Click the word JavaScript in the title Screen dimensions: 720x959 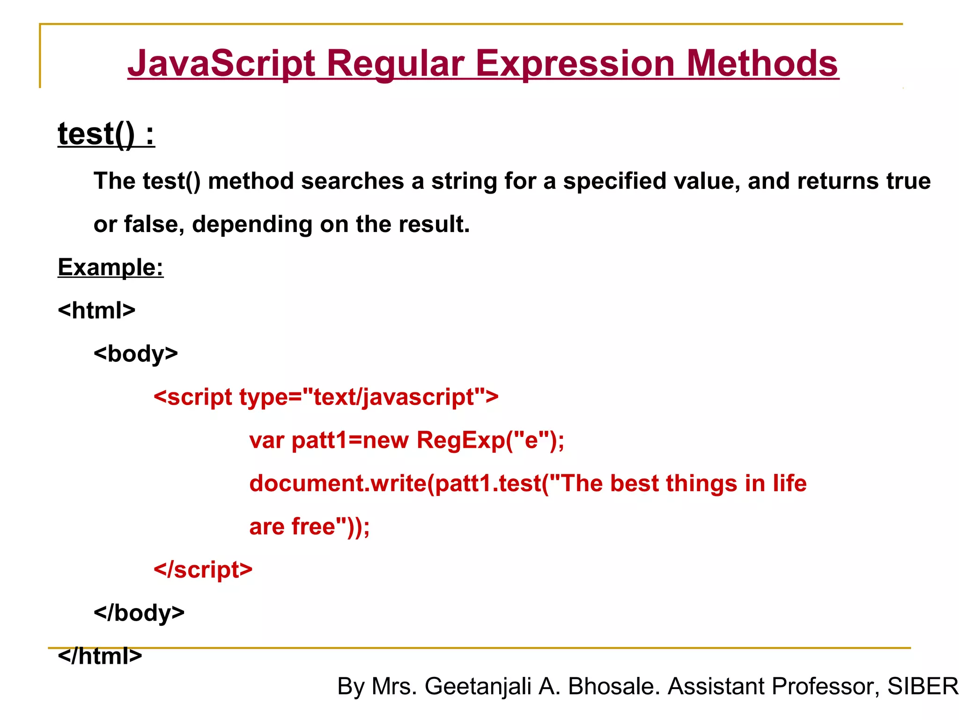click(x=221, y=64)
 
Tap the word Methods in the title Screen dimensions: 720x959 click(x=762, y=64)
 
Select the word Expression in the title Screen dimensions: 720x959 click(x=575, y=64)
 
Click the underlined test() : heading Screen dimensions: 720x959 click(x=106, y=134)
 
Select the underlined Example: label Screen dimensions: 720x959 click(x=111, y=267)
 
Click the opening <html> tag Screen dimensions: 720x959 click(x=96, y=310)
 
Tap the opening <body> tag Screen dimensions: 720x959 click(x=136, y=354)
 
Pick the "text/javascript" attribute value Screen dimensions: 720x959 click(x=394, y=397)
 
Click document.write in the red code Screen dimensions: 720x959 click(x=337, y=483)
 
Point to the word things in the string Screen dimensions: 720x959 click(x=701, y=483)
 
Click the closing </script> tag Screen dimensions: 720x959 click(x=203, y=570)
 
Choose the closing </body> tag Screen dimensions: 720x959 click(x=139, y=613)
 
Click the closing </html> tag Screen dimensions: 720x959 click(x=100, y=656)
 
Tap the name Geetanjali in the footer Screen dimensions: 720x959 click(x=478, y=686)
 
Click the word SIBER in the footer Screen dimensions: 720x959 click(x=922, y=686)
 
